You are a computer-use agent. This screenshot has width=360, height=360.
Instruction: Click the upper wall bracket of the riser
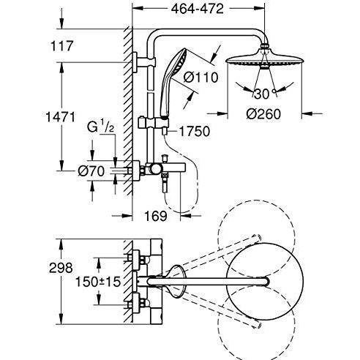141,58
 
